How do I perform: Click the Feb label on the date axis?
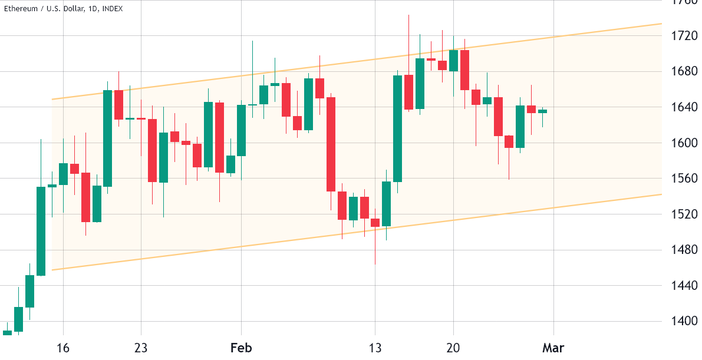(241, 348)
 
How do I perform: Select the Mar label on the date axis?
(554, 348)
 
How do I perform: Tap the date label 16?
(63, 348)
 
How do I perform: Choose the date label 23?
(141, 348)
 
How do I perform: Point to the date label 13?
(375, 348)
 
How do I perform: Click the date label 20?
(453, 348)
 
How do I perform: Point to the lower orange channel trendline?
(354, 236)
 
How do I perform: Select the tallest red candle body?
(331, 144)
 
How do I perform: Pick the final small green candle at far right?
(542, 111)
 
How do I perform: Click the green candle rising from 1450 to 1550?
(41, 231)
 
